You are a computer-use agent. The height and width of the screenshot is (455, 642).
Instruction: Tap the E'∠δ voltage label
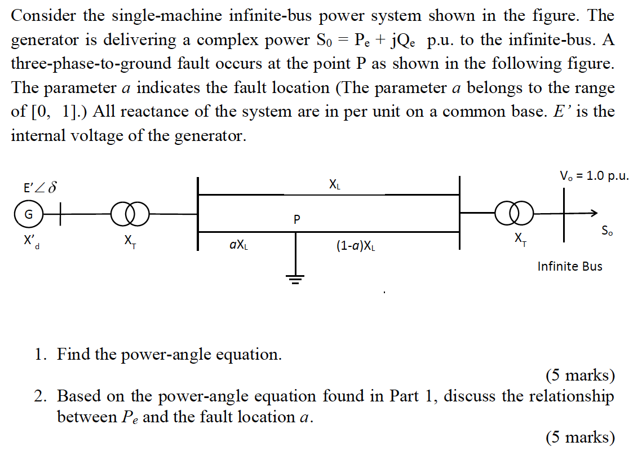tap(39, 187)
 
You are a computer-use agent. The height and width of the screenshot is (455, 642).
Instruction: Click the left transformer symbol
tap(130, 214)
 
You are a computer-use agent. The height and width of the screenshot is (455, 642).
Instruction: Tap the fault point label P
tap(297, 219)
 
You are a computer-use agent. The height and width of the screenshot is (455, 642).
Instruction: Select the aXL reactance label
tap(238, 245)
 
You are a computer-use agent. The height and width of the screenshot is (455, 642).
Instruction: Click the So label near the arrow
tap(608, 231)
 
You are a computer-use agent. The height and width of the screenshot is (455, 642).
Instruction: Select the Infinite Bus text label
tap(569, 266)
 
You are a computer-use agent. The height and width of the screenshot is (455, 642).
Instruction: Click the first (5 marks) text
tap(580, 375)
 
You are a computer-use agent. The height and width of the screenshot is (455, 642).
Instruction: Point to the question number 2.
tap(39, 396)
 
